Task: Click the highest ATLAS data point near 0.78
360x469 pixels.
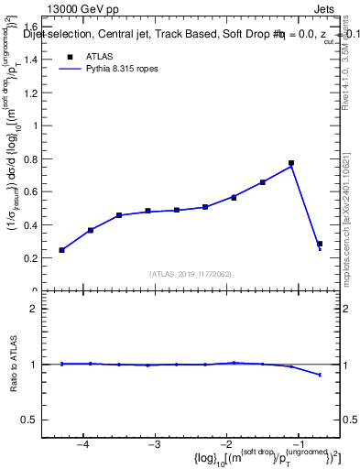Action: click(290, 163)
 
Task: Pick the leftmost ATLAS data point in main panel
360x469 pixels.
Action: click(61, 250)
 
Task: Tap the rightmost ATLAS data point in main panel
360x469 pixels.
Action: click(320, 244)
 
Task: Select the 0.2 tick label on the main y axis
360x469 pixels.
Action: click(30, 258)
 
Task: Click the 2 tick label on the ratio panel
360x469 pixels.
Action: click(34, 309)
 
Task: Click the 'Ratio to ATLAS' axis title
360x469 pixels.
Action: click(13, 364)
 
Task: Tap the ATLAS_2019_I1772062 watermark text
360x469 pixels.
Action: click(191, 274)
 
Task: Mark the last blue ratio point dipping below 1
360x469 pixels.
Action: click(320, 375)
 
